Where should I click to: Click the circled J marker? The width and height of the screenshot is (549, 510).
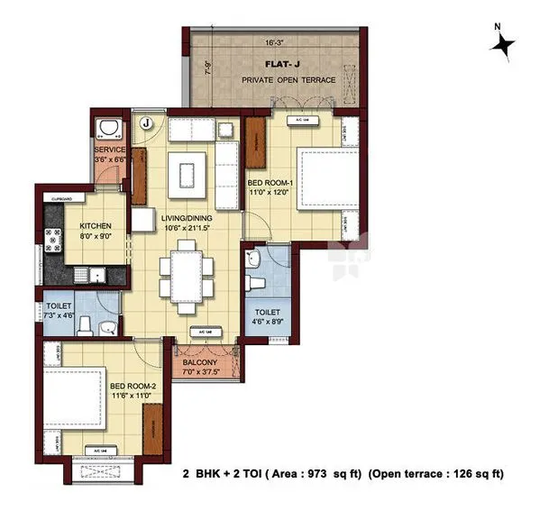click(x=147, y=122)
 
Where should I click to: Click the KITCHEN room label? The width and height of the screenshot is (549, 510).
click(x=95, y=225)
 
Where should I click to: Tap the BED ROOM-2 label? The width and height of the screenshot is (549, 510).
click(x=133, y=387)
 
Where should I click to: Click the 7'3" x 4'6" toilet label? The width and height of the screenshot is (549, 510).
click(x=59, y=311)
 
